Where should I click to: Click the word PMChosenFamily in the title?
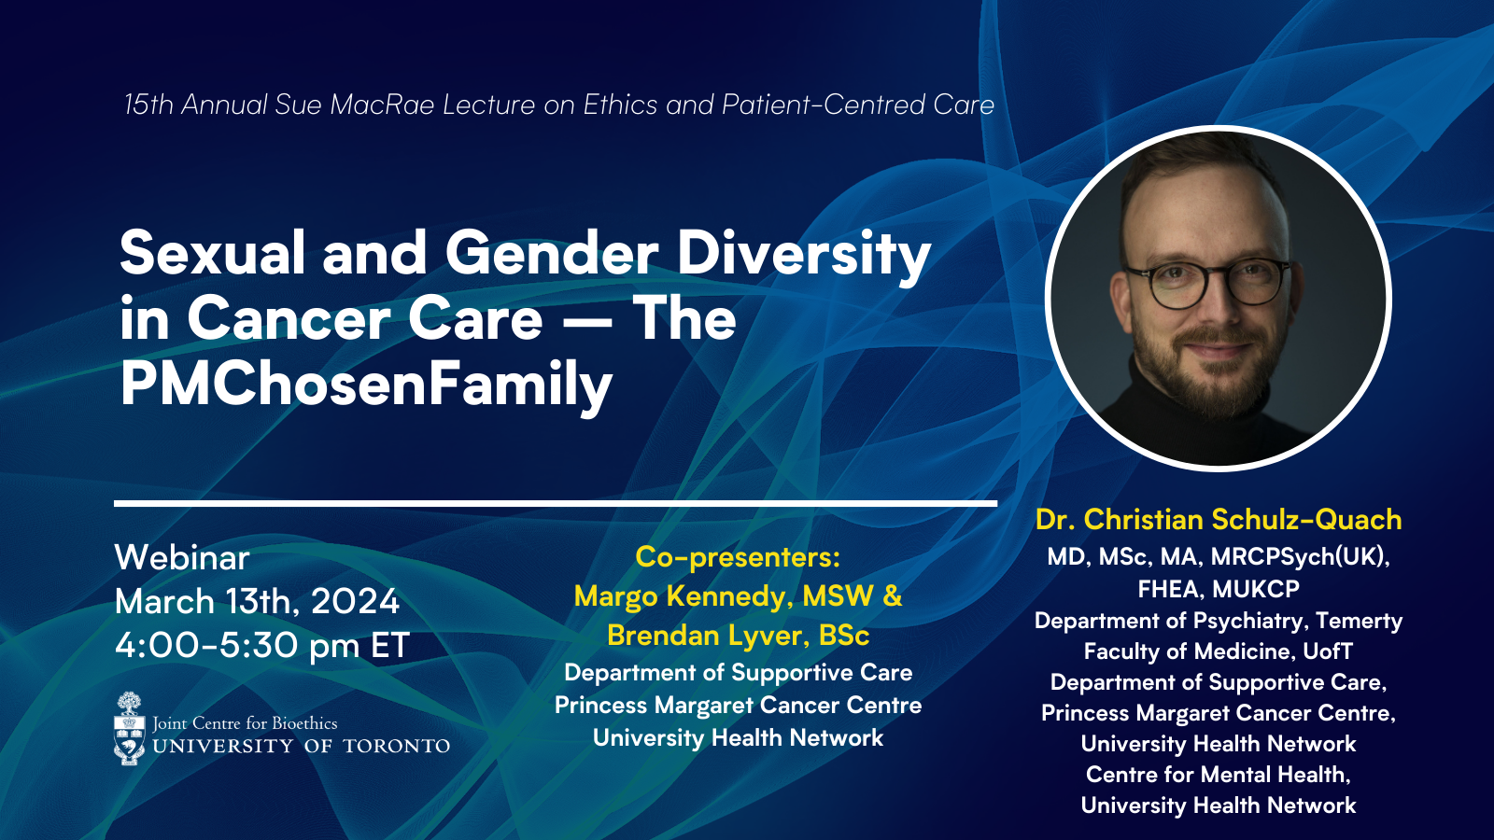366,385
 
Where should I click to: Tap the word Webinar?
182,558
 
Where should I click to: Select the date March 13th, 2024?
257,602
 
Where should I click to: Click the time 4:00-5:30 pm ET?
261,646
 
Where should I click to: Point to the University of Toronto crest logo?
130,729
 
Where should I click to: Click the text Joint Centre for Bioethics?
245,723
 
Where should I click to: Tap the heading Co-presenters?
738,557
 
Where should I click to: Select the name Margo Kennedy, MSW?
724,596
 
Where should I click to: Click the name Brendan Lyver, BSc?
738,636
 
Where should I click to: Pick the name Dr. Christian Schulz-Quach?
1219,520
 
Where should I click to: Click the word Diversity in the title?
804,253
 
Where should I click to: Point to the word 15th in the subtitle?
148,105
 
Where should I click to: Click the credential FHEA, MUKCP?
1219,589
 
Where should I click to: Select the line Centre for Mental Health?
1219,775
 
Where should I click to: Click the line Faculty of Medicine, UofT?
1219,651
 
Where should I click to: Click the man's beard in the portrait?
1210,369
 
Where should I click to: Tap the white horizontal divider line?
556,503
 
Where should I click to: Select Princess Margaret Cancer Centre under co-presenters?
738,706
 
